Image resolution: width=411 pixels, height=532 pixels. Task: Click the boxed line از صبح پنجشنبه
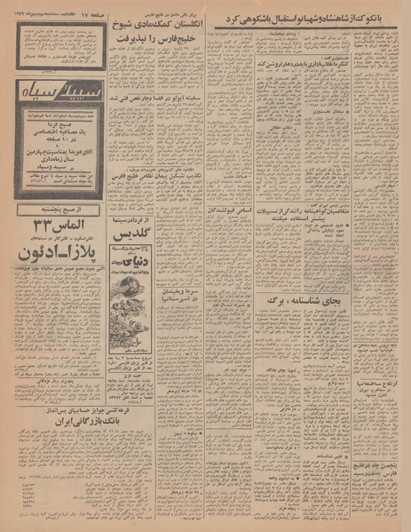61,208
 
